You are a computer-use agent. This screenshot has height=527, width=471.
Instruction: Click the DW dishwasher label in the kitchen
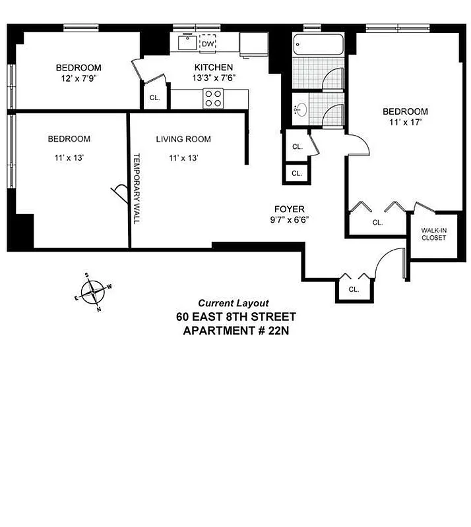(x=208, y=44)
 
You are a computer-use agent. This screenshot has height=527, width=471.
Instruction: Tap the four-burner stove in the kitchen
(x=212, y=98)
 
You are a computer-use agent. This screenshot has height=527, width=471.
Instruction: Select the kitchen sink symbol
(x=185, y=43)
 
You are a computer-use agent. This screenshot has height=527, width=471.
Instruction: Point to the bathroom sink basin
(x=301, y=109)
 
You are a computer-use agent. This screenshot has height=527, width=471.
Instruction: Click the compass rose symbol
(x=92, y=292)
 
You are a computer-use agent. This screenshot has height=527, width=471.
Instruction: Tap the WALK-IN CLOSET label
(x=434, y=234)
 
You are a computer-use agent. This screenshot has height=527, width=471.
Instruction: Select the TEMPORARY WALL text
(x=137, y=188)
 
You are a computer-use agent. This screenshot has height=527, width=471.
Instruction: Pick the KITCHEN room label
(x=213, y=67)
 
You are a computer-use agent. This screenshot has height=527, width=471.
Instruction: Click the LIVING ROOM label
(x=183, y=139)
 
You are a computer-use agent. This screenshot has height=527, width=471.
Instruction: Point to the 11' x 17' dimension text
(x=405, y=122)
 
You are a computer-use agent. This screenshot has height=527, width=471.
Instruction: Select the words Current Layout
(x=234, y=303)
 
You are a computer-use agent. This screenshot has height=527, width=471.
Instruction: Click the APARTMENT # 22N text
(x=235, y=330)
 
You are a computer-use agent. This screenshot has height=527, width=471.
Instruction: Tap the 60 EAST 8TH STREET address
(x=235, y=317)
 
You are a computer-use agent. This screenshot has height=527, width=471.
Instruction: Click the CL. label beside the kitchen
(x=154, y=97)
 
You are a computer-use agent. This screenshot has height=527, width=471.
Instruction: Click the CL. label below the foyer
(x=354, y=289)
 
